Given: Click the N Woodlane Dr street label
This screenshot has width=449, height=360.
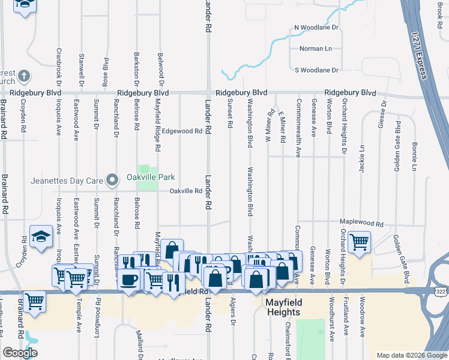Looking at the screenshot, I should click(316, 28).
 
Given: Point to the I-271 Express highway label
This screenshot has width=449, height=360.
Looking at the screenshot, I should click(420, 53).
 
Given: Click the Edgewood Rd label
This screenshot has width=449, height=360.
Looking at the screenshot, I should click(182, 131).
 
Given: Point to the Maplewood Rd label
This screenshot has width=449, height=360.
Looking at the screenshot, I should click(361, 223).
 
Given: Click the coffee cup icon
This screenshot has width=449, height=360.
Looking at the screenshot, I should click(129, 279).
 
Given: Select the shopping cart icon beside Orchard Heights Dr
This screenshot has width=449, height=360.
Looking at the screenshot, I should click(359, 242).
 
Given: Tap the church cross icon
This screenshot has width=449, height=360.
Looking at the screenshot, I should click(23, 76).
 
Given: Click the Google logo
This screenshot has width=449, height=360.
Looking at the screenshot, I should click(20, 353).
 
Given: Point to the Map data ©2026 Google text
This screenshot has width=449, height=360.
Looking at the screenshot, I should click(411, 355).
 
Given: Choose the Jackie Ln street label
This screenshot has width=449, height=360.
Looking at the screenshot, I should click(362, 158).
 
